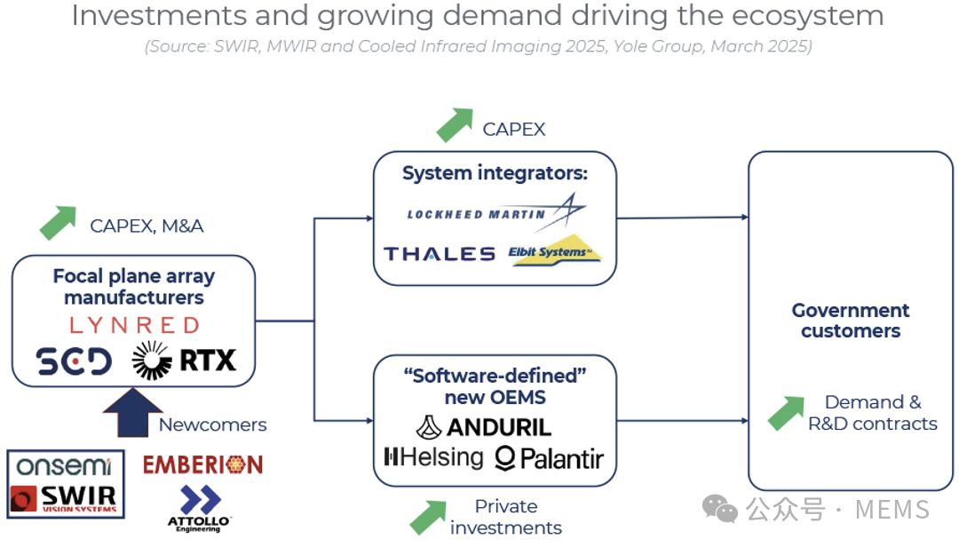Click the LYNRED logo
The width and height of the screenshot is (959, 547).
click(x=133, y=325)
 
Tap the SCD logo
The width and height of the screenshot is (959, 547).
click(x=74, y=361)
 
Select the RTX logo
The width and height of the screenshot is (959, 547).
click(x=184, y=360)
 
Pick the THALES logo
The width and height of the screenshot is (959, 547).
click(x=440, y=254)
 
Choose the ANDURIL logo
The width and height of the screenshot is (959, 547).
click(x=484, y=427)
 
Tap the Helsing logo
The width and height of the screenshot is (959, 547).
click(x=433, y=458)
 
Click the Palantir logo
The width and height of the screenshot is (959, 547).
click(x=549, y=458)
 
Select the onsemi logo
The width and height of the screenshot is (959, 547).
click(x=64, y=465)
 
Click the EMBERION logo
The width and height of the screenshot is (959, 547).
click(x=203, y=464)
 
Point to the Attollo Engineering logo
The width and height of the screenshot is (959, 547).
click(x=200, y=509)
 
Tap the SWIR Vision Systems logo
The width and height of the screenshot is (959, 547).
click(x=64, y=498)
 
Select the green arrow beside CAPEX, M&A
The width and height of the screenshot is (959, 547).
click(x=59, y=223)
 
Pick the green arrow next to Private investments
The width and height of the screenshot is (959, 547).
click(x=428, y=517)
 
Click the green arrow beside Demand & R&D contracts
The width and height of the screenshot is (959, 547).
click(x=785, y=413)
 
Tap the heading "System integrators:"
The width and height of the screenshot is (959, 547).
click(x=495, y=173)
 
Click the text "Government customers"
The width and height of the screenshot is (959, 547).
click(x=851, y=321)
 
